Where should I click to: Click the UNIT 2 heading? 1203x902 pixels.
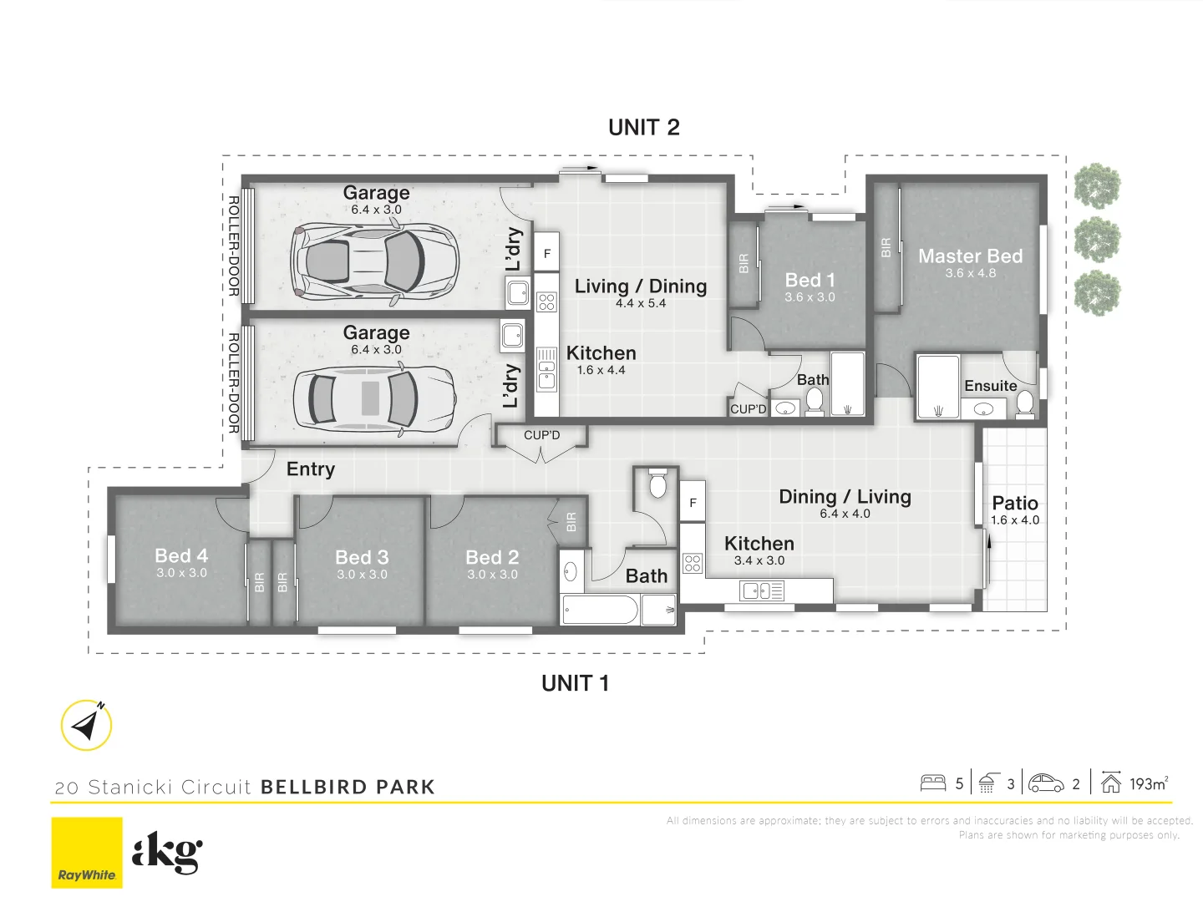[643, 128]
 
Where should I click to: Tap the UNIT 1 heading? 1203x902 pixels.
[575, 683]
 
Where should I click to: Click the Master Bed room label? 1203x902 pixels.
[970, 256]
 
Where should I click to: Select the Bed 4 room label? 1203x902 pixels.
[181, 556]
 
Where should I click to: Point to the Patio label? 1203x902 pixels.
[1015, 504]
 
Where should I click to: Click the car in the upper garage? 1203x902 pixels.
[374, 259]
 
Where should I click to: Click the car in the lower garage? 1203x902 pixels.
[374, 398]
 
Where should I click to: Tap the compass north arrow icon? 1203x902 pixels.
[87, 725]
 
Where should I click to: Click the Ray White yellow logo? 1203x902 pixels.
[87, 852]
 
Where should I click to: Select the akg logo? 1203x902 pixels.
[167, 852]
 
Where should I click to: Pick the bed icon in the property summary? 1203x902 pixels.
[932, 783]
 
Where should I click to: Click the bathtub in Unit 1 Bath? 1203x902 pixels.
[601, 611]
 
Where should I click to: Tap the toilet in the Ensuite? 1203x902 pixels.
[1024, 403]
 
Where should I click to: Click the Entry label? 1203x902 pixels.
[310, 469]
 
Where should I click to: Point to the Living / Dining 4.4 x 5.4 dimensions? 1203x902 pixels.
[641, 304]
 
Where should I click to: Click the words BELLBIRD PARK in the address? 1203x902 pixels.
[348, 787]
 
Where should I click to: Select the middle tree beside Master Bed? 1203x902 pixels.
[1097, 240]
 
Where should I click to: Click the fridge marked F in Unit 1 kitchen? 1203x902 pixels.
[693, 503]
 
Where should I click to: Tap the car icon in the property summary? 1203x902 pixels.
[1046, 783]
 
